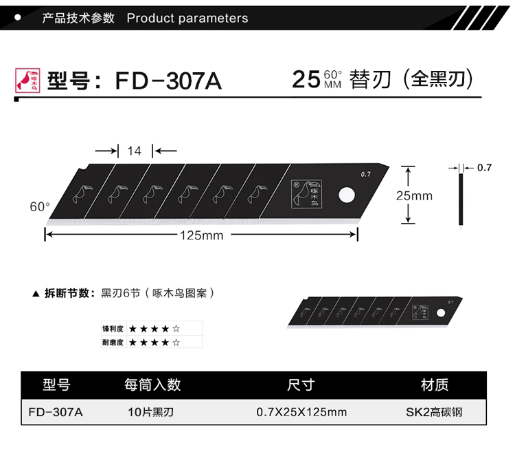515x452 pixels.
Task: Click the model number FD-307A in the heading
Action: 168,81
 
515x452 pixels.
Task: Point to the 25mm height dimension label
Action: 415,195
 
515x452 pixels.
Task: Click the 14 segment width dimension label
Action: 135,151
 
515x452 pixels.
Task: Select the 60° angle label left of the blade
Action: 40,206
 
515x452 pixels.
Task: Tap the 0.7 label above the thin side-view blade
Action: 485,167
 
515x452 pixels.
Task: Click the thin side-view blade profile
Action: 459,200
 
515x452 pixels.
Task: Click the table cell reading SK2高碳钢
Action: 433,413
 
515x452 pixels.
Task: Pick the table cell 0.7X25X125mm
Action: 301,413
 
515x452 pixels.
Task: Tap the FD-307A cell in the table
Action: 56,413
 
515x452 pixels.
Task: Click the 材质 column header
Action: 434,385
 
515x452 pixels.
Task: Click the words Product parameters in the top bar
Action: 187,18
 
